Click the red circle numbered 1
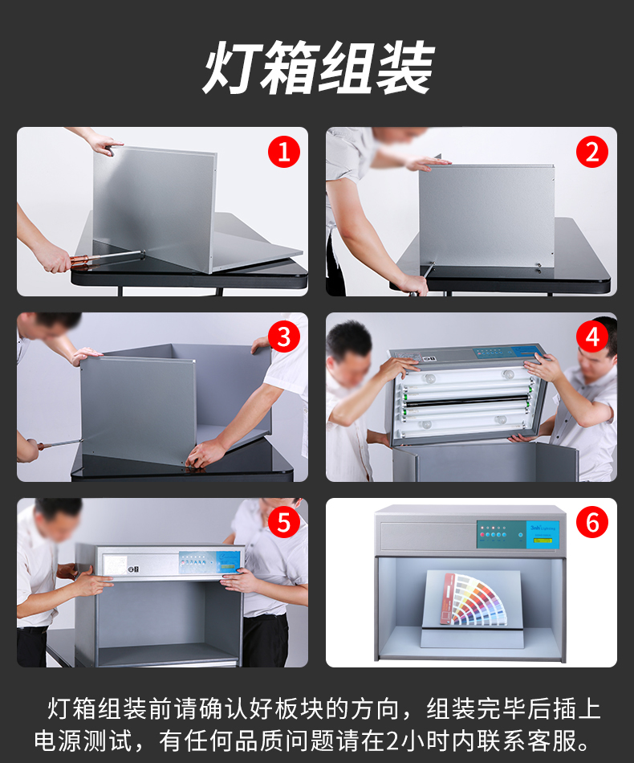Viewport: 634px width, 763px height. click(x=284, y=152)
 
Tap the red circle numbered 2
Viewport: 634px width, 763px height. click(x=592, y=152)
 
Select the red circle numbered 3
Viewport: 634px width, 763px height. click(x=284, y=337)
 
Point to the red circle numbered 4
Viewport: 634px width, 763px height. click(x=592, y=337)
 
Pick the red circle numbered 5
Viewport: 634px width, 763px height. click(x=284, y=523)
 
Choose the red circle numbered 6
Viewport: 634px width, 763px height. click(x=592, y=523)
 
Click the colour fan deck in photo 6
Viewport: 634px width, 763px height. click(x=474, y=598)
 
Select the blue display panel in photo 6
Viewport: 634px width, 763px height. click(x=543, y=535)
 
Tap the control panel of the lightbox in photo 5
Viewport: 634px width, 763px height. click(x=209, y=562)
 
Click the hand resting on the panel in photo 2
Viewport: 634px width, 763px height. click(x=428, y=164)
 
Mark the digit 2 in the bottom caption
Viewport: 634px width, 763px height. click(x=393, y=741)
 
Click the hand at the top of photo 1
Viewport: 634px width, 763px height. click(x=106, y=145)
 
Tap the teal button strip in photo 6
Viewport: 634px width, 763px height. click(x=502, y=535)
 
